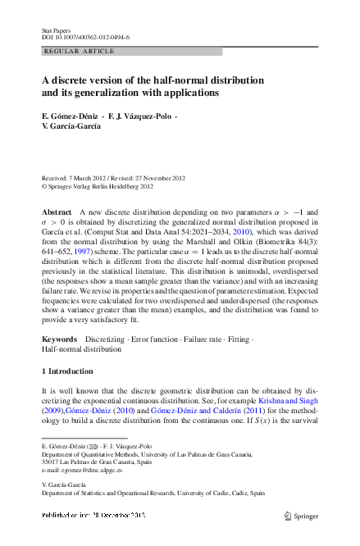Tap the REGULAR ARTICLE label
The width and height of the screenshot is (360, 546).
pyautogui.click(x=71, y=52)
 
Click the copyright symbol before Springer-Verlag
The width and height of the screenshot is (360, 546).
pyautogui.click(x=44, y=186)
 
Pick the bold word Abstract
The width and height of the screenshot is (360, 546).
pyautogui.click(x=57, y=212)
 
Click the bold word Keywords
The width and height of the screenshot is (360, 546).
pyautogui.click(x=59, y=339)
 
